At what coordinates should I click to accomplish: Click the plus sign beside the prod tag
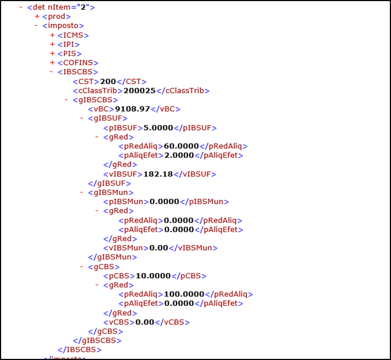click(x=37, y=16)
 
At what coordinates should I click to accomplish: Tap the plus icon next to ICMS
click(x=52, y=35)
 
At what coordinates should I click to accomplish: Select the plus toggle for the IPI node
click(x=52, y=45)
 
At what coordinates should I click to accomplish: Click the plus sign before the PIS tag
click(x=52, y=53)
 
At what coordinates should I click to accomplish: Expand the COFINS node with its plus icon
click(x=52, y=62)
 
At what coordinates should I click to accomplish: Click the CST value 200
click(x=108, y=82)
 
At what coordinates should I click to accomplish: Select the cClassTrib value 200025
click(x=139, y=91)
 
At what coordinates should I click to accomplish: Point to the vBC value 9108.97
click(x=132, y=109)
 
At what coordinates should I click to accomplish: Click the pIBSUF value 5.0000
click(x=158, y=128)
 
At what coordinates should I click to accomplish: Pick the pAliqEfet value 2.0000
click(x=179, y=155)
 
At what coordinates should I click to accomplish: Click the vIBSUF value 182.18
click(x=158, y=174)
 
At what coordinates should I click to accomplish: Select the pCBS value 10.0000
click(x=153, y=276)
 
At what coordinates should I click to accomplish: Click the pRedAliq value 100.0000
click(x=184, y=294)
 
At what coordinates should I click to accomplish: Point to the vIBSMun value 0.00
click(x=159, y=248)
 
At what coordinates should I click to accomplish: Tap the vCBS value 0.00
click(x=145, y=322)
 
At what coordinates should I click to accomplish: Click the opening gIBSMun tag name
click(x=111, y=193)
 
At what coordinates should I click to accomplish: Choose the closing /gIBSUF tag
click(x=110, y=183)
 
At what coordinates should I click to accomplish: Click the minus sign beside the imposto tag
click(x=36, y=26)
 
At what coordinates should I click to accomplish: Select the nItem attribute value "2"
click(x=83, y=7)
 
